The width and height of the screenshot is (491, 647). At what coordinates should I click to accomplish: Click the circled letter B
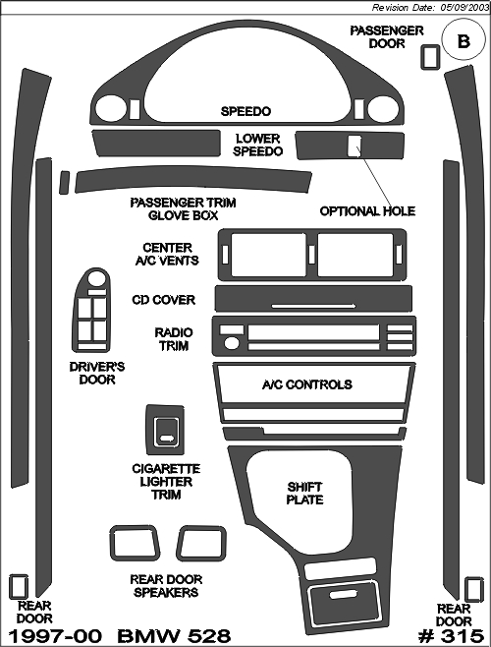(464, 41)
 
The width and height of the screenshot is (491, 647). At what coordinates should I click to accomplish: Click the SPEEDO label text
(245, 111)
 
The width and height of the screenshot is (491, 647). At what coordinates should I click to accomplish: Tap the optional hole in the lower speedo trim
(354, 146)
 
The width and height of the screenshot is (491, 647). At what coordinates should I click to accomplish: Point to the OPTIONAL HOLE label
(367, 211)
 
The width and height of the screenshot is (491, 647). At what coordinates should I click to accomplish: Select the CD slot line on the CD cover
(313, 306)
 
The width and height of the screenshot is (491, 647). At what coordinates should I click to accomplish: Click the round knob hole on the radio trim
(232, 343)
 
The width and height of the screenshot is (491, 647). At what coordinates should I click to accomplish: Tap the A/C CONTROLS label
(307, 384)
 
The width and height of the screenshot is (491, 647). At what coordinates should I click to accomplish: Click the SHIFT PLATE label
(304, 493)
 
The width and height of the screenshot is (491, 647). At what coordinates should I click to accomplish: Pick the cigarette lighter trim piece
(165, 430)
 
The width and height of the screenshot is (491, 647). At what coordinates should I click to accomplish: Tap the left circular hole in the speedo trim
(110, 109)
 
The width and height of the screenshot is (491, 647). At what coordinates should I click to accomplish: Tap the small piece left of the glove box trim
(64, 182)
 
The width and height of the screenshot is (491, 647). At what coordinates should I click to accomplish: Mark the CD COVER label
(164, 300)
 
